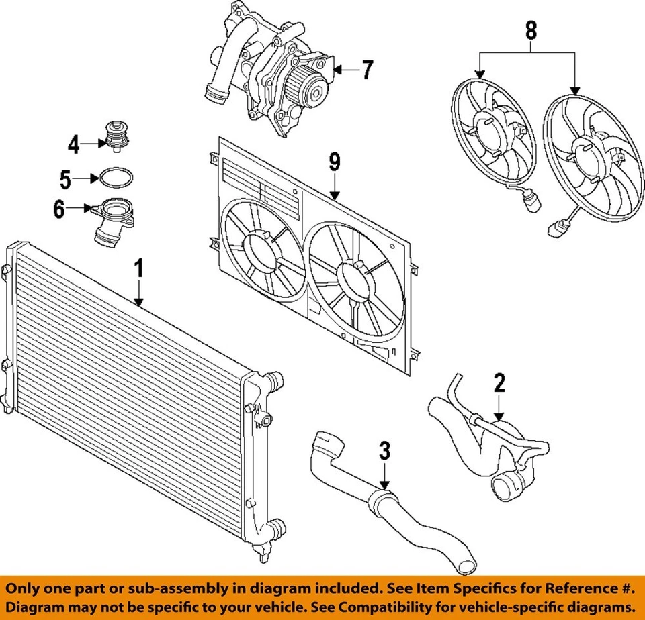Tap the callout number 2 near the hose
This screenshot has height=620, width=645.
click(x=499, y=383)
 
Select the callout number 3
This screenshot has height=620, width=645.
click(x=384, y=452)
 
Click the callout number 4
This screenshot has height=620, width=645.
click(x=73, y=143)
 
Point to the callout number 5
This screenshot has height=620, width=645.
click(x=64, y=178)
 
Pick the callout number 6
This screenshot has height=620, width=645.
click(x=59, y=209)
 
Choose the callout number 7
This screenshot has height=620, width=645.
click(x=366, y=70)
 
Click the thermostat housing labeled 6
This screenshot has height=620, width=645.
click(x=114, y=221)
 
